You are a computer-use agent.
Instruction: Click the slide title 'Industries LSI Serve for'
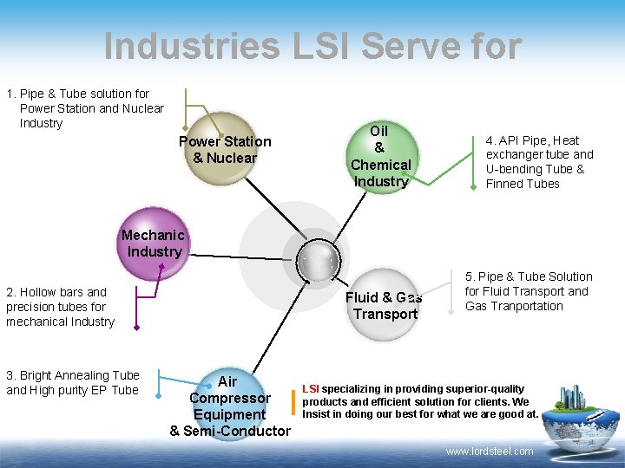312,47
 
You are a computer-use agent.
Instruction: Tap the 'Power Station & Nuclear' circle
224,149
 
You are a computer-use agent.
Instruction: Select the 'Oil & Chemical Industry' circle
380,156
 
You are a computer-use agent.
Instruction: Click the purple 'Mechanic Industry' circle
154,244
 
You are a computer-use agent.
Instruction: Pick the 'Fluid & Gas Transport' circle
385,304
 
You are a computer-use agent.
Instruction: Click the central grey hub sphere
317,259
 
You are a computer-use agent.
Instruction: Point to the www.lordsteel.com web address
490,452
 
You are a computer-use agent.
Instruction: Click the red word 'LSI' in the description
310,389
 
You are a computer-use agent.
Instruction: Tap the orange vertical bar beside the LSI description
294,401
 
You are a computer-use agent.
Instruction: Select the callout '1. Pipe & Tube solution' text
85,108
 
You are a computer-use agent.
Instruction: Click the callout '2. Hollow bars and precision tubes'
60,307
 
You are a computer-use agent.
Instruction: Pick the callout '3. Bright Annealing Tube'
72,382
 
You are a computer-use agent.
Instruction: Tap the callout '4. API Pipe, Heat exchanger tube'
539,162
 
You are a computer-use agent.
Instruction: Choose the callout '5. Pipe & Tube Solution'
528,291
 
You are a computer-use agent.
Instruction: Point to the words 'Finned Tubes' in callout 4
523,184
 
